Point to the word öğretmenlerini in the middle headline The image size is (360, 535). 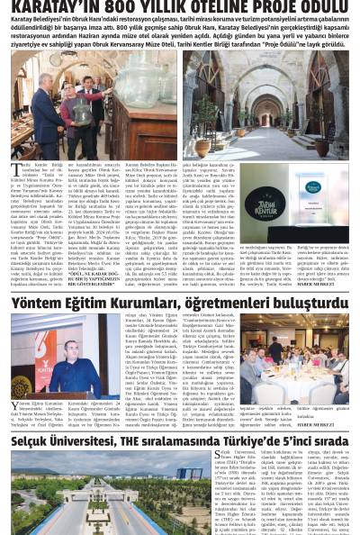point(229,304)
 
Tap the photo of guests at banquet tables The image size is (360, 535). point(296,351)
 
